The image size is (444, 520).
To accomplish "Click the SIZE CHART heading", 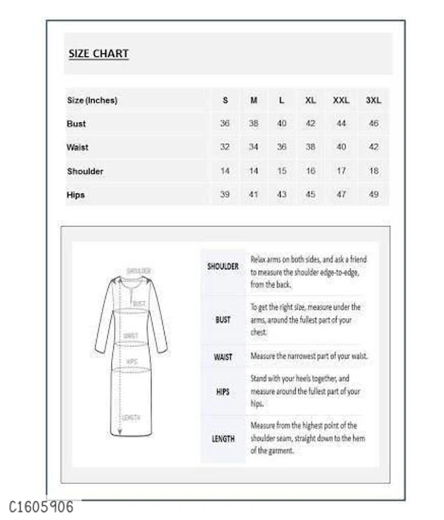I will click(98, 53).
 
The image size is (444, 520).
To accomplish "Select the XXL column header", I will click(341, 101).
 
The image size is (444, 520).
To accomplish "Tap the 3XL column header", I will click(374, 101).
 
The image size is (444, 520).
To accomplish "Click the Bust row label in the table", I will click(76, 124).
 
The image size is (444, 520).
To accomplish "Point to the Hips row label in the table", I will click(75, 195).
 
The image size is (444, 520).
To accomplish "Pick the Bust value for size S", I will click(225, 124).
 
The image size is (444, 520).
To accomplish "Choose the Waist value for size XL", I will click(310, 148).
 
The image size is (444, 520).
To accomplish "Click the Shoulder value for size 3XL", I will click(374, 172).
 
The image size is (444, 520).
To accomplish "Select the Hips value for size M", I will click(253, 195).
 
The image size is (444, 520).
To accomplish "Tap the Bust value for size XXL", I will click(341, 124).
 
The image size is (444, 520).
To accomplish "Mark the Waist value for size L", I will click(281, 148).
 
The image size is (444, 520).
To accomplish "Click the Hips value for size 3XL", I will click(374, 195).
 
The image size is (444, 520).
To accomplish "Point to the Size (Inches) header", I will click(92, 101).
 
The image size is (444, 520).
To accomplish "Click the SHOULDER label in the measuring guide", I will click(223, 266).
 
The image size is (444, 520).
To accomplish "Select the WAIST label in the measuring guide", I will click(223, 357).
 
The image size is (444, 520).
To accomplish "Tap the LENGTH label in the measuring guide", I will click(223, 439).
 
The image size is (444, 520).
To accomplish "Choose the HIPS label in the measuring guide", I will click(223, 392).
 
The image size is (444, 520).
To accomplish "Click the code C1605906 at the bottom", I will click(41, 507).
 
